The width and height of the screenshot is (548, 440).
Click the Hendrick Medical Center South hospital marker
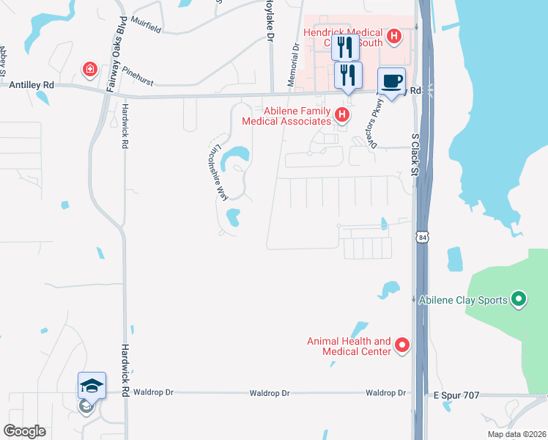[x=394, y=35]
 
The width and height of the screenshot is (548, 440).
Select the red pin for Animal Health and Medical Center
[x=401, y=344]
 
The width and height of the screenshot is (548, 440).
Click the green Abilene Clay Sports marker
[x=519, y=299]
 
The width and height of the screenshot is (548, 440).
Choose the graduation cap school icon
[x=92, y=385]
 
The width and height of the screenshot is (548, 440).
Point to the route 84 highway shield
[x=421, y=237]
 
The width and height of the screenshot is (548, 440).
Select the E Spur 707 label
[x=456, y=395]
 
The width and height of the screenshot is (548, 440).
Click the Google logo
[x=24, y=431]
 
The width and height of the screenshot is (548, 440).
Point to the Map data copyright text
[x=516, y=434]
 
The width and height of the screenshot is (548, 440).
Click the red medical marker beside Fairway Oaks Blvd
[x=90, y=69]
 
